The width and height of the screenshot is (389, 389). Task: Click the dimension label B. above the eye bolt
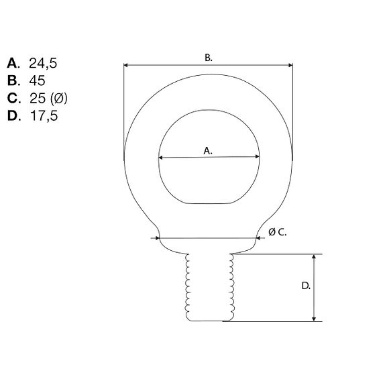point(209,58)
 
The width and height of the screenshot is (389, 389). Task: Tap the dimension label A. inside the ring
point(208,152)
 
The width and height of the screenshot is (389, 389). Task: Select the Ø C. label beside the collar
point(277,231)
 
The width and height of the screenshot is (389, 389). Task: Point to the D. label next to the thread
point(305,286)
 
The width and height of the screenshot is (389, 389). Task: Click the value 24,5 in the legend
point(45,64)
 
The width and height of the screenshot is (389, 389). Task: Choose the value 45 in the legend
point(38,81)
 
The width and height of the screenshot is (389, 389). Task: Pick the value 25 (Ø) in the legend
point(48,99)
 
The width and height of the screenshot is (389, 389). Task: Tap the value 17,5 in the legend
point(44,116)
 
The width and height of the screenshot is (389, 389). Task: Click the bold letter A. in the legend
point(14,64)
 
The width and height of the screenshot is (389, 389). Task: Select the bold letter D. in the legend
point(14,116)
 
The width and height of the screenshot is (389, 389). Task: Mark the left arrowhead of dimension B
point(127,66)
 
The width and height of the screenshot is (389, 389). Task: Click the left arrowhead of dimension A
point(161,158)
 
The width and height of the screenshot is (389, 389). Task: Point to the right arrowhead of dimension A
point(257,158)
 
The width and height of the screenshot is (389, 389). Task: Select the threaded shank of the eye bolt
point(209,287)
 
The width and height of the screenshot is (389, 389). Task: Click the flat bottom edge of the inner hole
point(209,203)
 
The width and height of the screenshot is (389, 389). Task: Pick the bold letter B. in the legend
point(14,81)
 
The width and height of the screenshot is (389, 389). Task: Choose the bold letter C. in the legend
point(14,99)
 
